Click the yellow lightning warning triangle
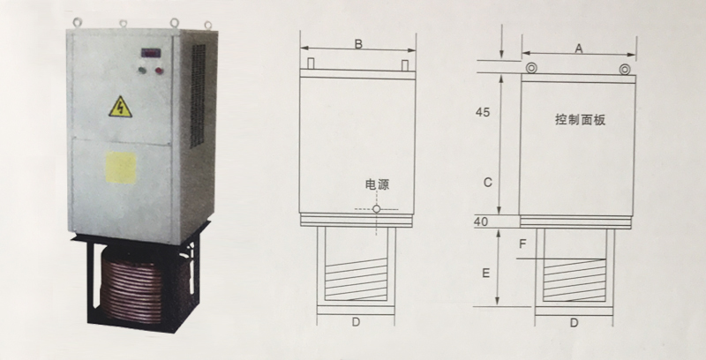(x=120, y=107)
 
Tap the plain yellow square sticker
(x=121, y=168)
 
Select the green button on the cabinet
(x=143, y=71)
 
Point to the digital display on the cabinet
(x=151, y=53)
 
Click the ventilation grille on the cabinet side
(x=197, y=95)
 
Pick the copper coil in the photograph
(x=135, y=289)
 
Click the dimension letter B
(x=358, y=44)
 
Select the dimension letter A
(x=579, y=49)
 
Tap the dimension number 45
(x=483, y=112)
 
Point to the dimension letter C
(x=488, y=183)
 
